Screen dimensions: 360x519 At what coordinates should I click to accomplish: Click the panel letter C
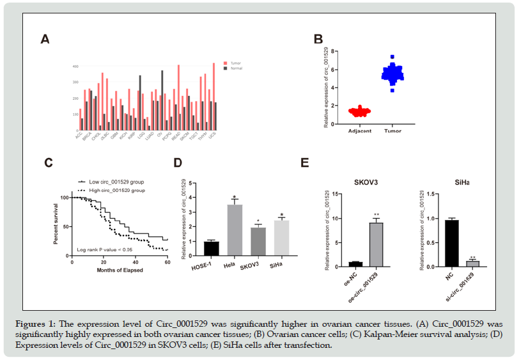(x=48, y=162)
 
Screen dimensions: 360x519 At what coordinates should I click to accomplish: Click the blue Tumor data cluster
(x=392, y=74)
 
